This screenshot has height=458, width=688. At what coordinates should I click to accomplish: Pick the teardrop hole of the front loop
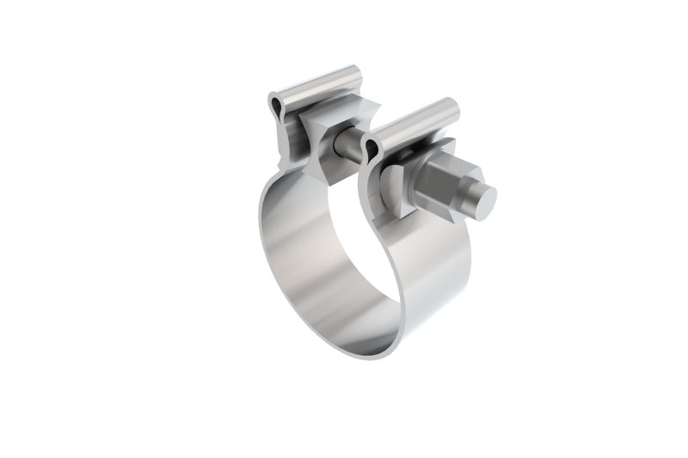point(371,152)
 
